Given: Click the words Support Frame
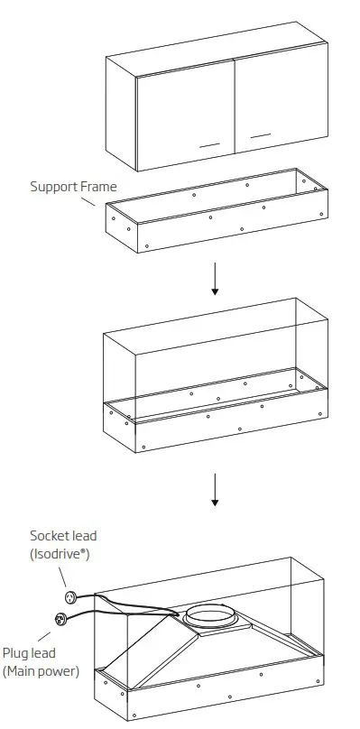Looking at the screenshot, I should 73,187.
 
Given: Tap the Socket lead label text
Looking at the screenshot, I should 63,536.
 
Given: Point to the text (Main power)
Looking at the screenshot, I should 41,671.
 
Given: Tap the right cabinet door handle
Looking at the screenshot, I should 261,135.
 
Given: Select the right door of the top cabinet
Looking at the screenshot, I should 280,104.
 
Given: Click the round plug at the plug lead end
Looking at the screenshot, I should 61,619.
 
